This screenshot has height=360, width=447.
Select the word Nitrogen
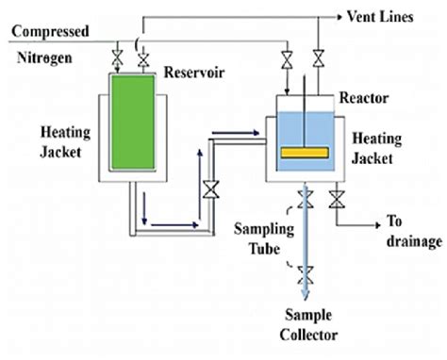coord(42,56)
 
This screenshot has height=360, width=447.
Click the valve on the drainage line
coord(337,198)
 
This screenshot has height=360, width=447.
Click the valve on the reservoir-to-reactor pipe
coord(210,188)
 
